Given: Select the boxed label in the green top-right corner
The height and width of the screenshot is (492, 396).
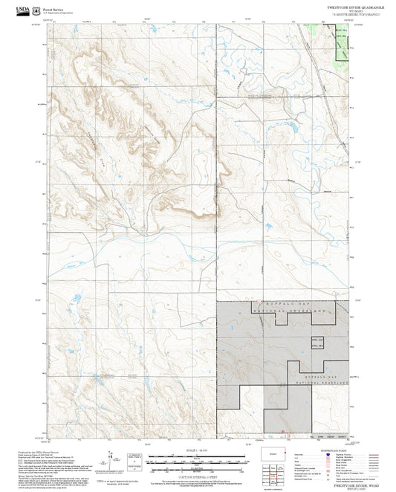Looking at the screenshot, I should (340, 33).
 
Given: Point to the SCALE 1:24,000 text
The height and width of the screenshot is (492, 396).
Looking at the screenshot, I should (198, 449).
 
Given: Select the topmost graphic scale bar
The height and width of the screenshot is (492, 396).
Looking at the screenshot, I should (198, 455).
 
